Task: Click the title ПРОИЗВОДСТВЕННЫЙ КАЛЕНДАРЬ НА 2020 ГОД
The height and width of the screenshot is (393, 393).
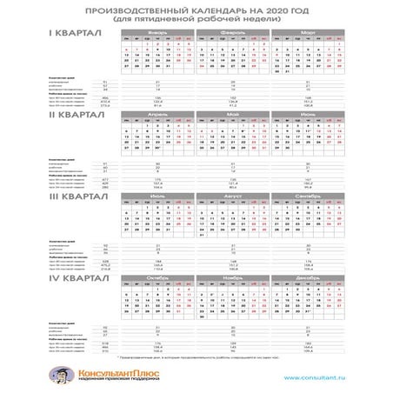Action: [196, 9]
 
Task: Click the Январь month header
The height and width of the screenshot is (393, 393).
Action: [158, 30]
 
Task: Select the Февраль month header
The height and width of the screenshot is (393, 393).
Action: [232, 30]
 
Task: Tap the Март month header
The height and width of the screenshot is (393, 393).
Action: [308, 30]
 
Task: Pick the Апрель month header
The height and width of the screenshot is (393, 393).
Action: [158, 113]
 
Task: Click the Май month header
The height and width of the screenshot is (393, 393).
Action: [232, 113]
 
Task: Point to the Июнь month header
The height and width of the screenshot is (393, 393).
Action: [308, 113]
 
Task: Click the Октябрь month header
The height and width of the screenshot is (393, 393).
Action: [158, 278]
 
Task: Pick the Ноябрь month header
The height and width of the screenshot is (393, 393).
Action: [232, 278]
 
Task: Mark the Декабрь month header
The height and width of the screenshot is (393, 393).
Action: [308, 278]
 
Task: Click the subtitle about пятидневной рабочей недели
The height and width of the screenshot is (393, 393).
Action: [196, 17]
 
